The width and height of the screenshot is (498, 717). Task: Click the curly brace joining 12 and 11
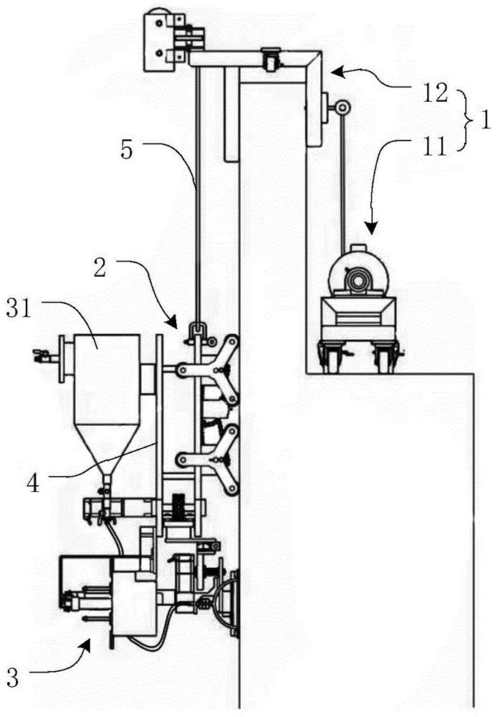[466, 120]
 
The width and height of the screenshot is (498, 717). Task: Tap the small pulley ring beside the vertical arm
[343, 108]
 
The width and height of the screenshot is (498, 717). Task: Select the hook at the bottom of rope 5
[195, 332]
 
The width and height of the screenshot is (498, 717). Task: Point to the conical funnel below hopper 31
[108, 445]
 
